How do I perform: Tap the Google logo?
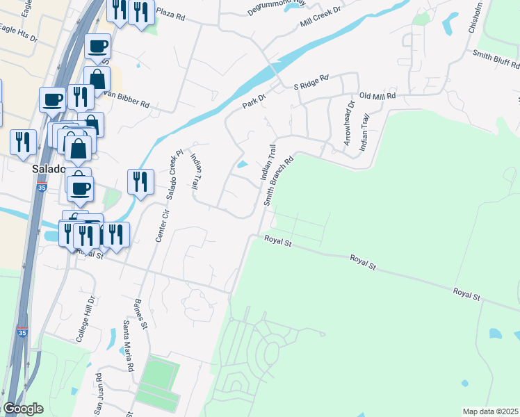coord(23,409)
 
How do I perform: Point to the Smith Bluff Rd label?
coord(496,59)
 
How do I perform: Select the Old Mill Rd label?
coord(377,96)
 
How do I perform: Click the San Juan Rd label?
coord(99,389)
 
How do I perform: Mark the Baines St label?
coord(140,313)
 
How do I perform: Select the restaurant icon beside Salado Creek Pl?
coord(140,181)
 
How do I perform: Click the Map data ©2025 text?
coord(490,411)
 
